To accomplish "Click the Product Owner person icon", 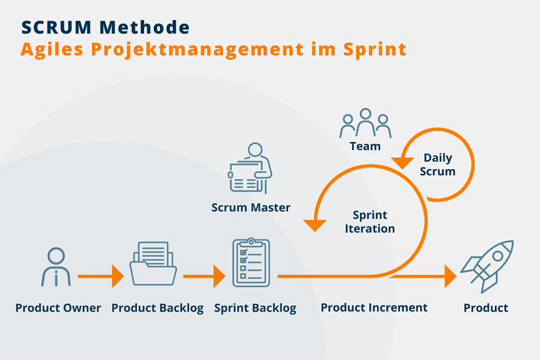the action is coord(56,267).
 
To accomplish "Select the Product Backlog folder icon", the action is coord(153,264).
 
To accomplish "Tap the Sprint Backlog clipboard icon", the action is coord(251,262).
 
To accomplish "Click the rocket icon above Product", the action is coord(487,267).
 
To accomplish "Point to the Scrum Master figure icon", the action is coord(251,168).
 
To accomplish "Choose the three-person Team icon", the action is coord(366,123).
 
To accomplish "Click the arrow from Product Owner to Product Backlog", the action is coord(100,276).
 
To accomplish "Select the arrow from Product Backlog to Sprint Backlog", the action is coord(204,276).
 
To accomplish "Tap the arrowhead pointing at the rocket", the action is coord(451,276).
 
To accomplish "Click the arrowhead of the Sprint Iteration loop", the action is coord(315,225).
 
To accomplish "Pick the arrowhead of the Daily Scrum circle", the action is coord(402,163).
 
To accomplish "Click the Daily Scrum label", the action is coord(438,164).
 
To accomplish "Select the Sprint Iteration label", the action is coord(370,222).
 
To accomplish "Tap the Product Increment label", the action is coord(374,307).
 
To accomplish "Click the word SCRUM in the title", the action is coord(57,28).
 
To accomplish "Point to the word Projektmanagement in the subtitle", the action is coord(197,50).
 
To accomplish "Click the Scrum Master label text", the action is coord(251,208).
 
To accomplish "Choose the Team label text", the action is coord(365,146).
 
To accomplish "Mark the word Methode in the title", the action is coord(145,28).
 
